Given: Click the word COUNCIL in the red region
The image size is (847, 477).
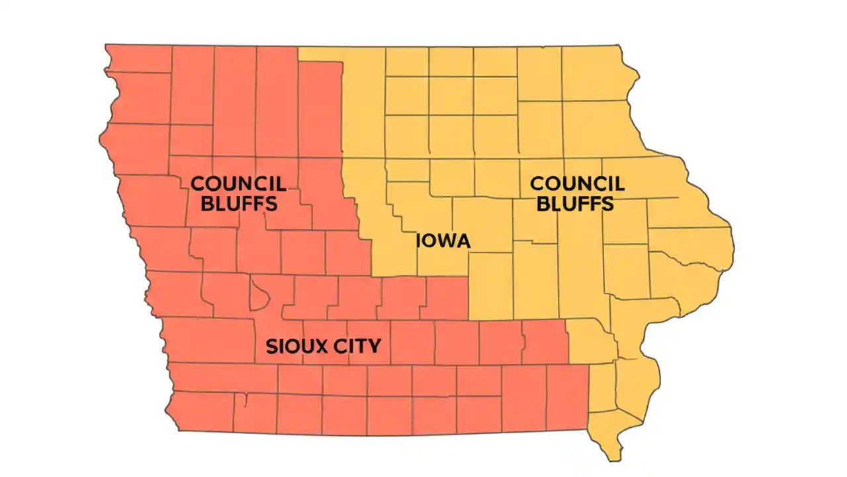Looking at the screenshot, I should [x=238, y=184].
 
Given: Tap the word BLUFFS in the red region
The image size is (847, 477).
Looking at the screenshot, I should [x=238, y=203].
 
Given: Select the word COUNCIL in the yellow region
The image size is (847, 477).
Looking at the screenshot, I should [x=578, y=184].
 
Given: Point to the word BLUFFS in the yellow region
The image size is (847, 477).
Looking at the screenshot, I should [x=575, y=203].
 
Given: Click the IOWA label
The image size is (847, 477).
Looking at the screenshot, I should [x=443, y=240].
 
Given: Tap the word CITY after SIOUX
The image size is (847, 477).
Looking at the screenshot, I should [x=357, y=346].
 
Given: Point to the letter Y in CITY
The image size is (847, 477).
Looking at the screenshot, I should [x=375, y=346].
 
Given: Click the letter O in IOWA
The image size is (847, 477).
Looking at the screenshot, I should [x=427, y=240].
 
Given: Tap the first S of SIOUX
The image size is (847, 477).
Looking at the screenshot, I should [x=271, y=346].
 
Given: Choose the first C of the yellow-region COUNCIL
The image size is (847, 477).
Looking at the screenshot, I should [x=538, y=184].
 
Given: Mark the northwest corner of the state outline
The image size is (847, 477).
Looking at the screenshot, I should [x=107, y=46].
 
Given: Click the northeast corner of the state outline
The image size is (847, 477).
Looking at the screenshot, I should [x=619, y=46].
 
